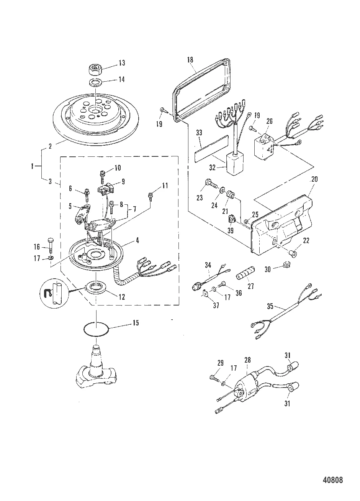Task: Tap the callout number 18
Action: pyautogui.click(x=190, y=59)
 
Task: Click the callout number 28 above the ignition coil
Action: pyautogui.click(x=247, y=360)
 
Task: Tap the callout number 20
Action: pyautogui.click(x=314, y=179)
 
